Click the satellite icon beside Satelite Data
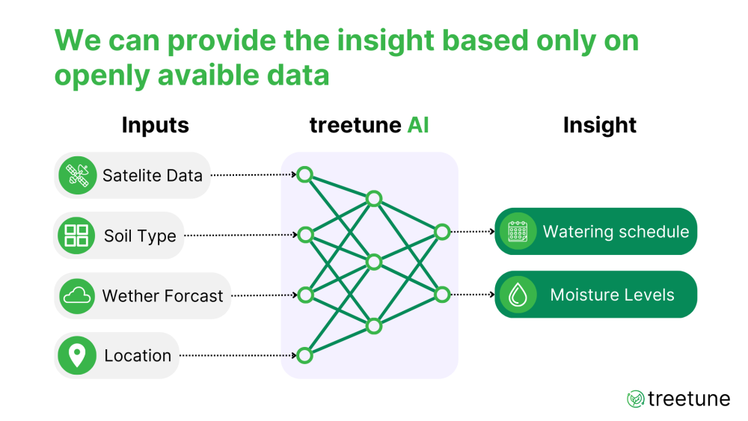(78, 176)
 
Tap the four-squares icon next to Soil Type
(76, 236)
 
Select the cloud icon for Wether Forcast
(78, 296)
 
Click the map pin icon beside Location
(77, 355)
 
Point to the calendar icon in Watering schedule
(518, 231)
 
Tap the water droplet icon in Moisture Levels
(518, 295)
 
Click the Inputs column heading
(155, 125)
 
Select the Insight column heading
(599, 125)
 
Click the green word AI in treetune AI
(418, 125)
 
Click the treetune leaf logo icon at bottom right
(635, 399)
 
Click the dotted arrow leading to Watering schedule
(472, 232)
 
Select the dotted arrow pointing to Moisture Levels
(472, 295)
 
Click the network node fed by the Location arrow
(304, 355)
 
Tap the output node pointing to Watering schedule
(442, 232)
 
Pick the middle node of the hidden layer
(374, 262)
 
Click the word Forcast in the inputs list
(194, 296)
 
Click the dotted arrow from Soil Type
(239, 235)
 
